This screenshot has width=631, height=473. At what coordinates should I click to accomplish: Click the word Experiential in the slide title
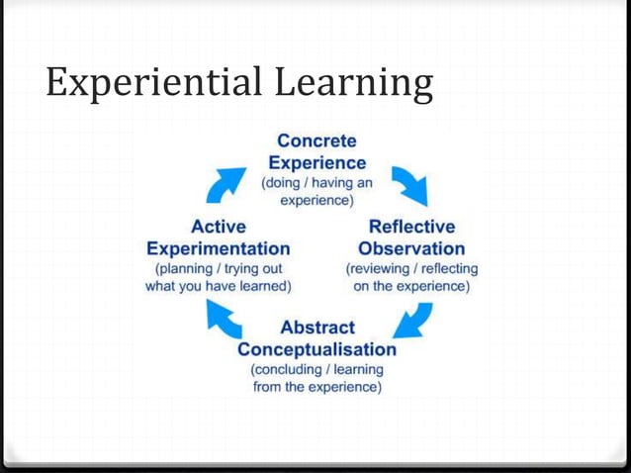(137, 84)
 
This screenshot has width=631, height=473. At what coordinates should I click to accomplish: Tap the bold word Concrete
(316, 142)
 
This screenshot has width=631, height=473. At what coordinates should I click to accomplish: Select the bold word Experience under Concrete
(316, 162)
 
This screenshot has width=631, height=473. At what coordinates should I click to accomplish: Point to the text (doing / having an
(316, 183)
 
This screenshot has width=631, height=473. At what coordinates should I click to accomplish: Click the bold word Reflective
(411, 227)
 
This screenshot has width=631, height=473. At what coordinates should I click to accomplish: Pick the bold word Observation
(411, 247)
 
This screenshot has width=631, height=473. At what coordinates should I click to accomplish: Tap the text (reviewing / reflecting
(411, 268)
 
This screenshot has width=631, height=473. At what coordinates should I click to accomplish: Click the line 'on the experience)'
(411, 287)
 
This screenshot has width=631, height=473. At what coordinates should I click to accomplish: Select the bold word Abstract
(317, 328)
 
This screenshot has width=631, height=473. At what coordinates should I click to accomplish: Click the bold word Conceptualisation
(317, 349)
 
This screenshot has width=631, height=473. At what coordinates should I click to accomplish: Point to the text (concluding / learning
(316, 369)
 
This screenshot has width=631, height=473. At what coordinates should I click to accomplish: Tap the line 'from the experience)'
(316, 387)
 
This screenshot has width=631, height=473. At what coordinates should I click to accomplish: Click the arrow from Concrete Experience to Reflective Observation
(408, 184)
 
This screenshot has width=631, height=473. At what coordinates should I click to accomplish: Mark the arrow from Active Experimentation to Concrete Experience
(226, 184)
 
